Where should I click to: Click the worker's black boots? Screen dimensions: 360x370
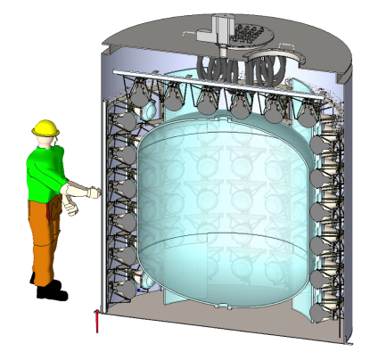(50, 289)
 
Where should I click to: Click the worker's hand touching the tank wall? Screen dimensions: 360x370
(92, 190)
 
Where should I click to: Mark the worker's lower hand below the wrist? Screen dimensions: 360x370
(72, 206)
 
